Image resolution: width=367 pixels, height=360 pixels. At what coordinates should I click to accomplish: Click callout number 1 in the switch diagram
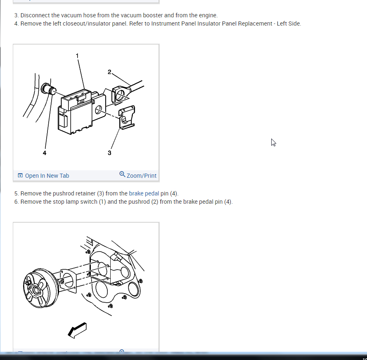pos(77,56)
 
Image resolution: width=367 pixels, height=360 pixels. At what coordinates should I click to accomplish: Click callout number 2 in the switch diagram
pos(109,72)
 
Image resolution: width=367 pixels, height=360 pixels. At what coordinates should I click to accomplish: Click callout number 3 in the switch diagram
pos(109,153)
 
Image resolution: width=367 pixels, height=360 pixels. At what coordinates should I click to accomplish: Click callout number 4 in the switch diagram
pos(45,153)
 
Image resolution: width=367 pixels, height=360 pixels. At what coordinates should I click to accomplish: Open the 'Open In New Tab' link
pos(47,176)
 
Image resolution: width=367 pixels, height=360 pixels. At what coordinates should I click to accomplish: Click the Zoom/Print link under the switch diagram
pos(141,176)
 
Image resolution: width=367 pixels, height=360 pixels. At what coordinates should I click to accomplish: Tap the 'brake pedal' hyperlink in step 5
pos(144,193)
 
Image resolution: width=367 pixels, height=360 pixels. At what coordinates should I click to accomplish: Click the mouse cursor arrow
pos(273,142)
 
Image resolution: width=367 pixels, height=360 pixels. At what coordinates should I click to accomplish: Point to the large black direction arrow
pos(77,330)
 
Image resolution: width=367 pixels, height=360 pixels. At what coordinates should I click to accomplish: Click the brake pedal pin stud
pos(48,89)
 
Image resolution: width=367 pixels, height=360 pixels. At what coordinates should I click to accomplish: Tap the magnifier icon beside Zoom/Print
pos(122,174)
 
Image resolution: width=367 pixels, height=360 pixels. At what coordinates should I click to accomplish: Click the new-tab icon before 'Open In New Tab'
pos(20,175)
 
